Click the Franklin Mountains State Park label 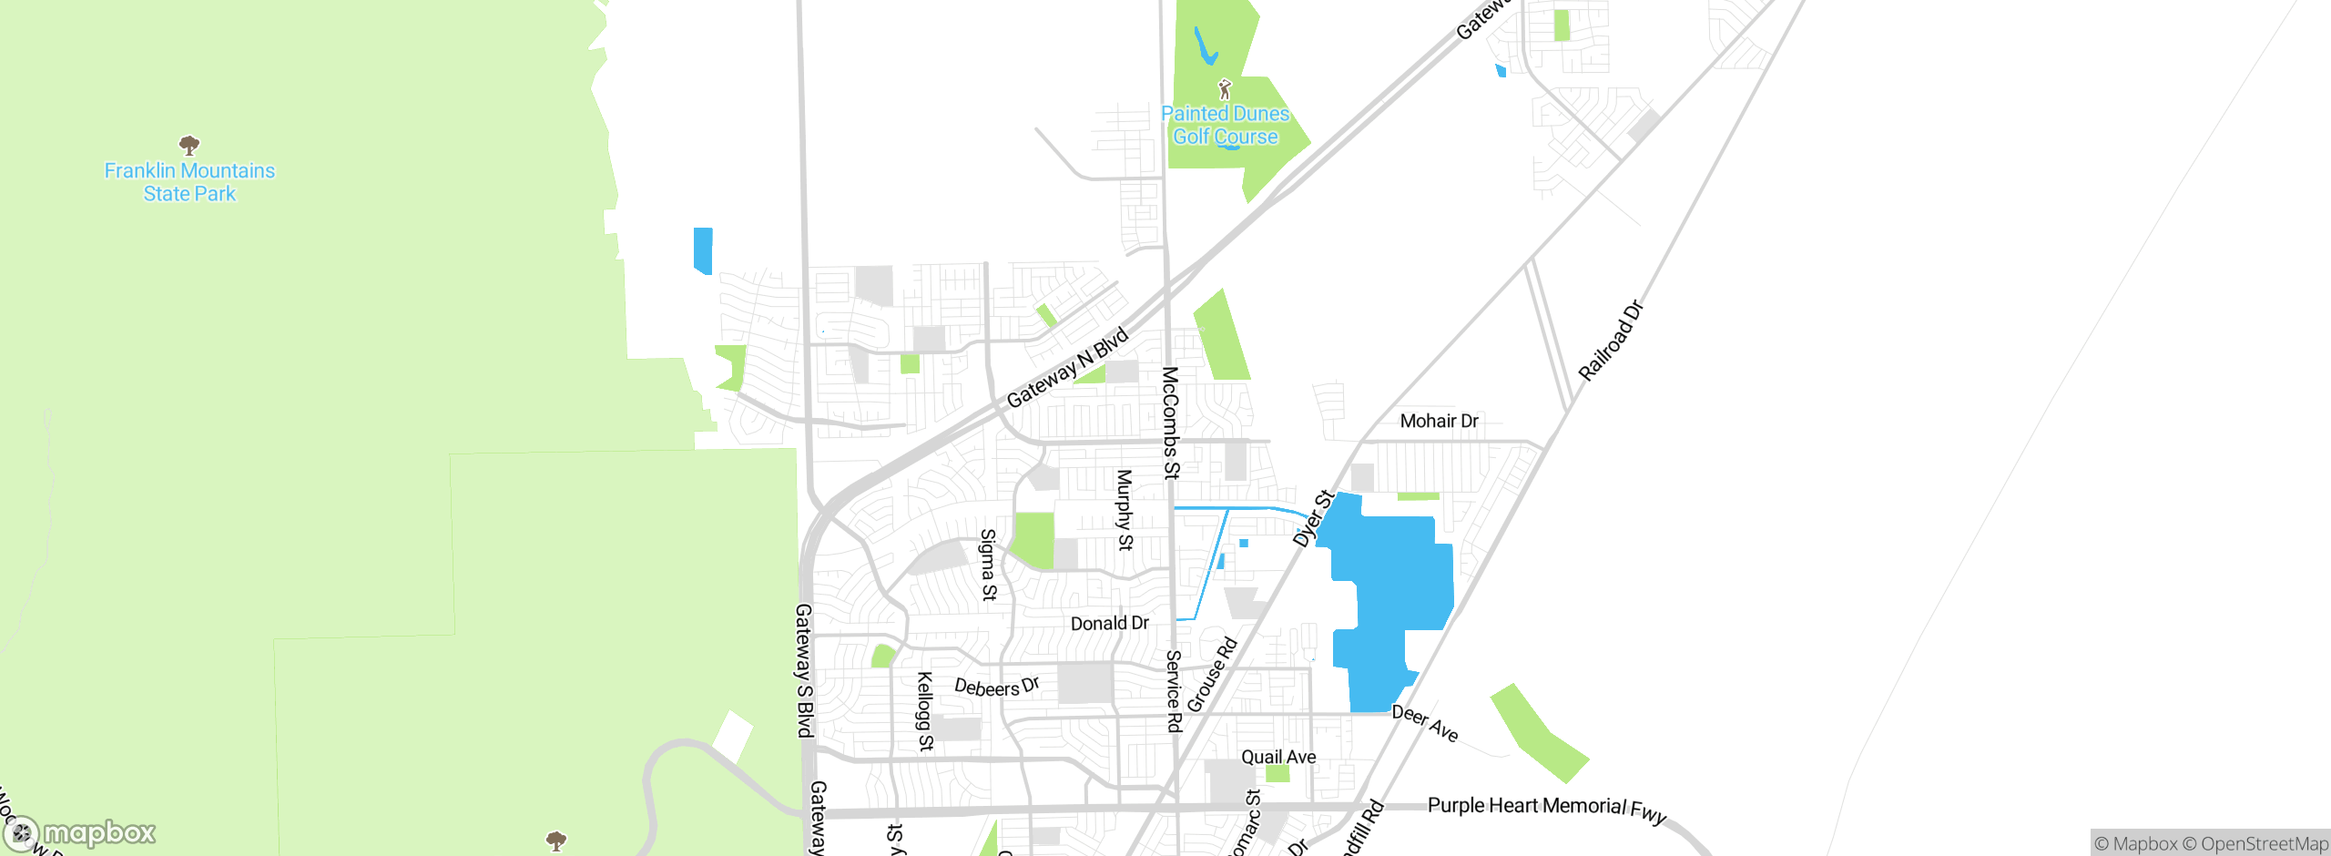(x=189, y=182)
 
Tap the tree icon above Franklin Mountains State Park (x=189, y=145)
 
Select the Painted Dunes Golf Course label (x=1225, y=125)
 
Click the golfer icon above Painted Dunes (x=1225, y=89)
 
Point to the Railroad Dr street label (x=1611, y=341)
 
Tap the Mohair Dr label (x=1439, y=421)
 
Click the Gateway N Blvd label (x=1067, y=368)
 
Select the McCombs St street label (x=1171, y=423)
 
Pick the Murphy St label (x=1125, y=510)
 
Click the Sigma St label (x=988, y=565)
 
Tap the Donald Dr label (x=1109, y=624)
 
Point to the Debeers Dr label (x=996, y=687)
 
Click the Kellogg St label (x=924, y=711)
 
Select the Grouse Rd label (x=1212, y=675)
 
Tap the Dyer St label (x=1313, y=519)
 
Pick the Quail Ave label (x=1278, y=757)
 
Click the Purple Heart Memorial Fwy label (x=1546, y=808)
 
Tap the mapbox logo (x=80, y=832)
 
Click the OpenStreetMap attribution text (x=2264, y=844)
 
